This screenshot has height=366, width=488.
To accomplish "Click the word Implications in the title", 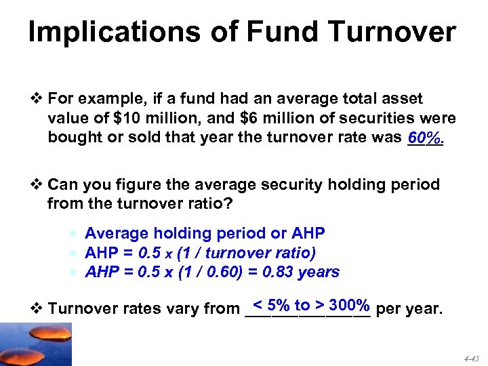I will pyautogui.click(x=114, y=32).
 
